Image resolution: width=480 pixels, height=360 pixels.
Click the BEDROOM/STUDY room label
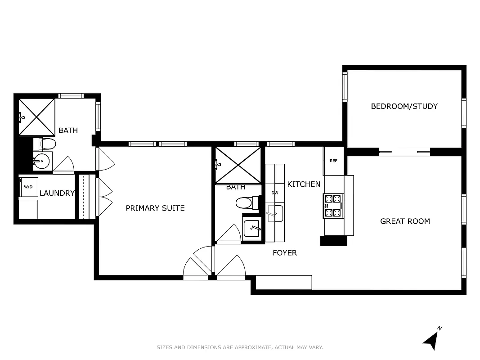404,106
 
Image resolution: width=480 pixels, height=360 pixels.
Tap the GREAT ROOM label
405,221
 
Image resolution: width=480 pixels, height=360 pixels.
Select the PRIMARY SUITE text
155,208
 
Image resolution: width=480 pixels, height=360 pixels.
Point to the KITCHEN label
304,184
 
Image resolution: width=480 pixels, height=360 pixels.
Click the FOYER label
284,253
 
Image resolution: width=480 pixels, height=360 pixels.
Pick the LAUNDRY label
57,193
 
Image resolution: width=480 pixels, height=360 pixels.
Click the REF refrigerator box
333,161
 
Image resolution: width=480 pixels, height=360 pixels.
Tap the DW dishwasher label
275,193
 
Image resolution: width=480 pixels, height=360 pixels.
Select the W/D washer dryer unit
28,187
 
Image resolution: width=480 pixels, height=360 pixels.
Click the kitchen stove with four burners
333,206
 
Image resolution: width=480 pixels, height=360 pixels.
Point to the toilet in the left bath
47,144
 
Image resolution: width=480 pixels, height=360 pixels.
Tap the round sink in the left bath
42,161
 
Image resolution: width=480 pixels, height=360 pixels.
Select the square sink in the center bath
252,229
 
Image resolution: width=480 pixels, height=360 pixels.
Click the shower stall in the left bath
36,117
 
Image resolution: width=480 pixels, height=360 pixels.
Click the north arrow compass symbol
431,339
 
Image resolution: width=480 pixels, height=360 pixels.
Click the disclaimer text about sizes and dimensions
240,347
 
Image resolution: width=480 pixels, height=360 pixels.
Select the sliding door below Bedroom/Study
404,152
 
